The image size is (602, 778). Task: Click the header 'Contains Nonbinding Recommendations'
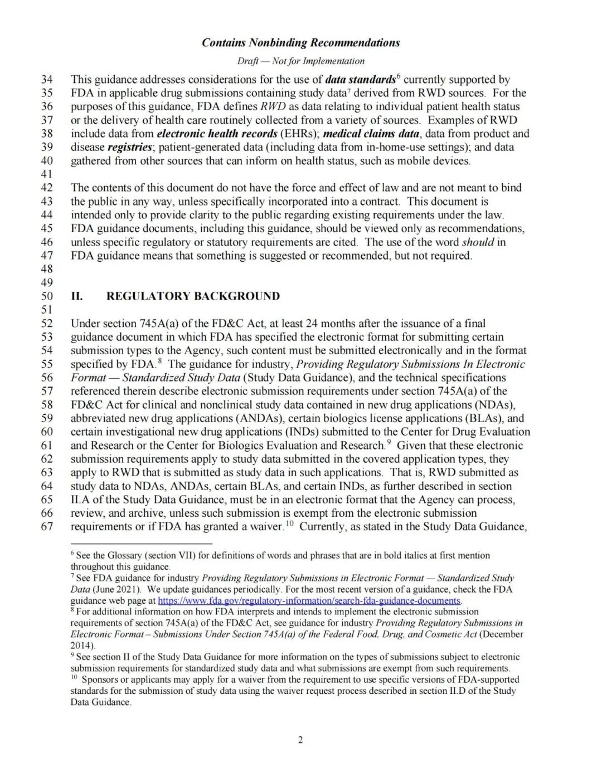coord(300,43)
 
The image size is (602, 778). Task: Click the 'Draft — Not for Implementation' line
coord(300,61)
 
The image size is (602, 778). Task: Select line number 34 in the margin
coord(47,80)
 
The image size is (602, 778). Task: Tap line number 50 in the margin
coord(47,296)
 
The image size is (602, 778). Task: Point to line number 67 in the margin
coord(47,527)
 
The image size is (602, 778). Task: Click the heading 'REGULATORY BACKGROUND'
coord(193,296)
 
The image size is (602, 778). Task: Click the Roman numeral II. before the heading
coord(77,296)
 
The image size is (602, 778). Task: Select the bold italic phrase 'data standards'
coord(360,80)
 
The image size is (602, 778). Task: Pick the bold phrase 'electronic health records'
coord(217,134)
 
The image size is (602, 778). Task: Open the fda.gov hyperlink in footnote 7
coord(309,601)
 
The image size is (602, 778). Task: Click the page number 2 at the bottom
coord(300,740)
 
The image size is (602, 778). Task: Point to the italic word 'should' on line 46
coord(478,242)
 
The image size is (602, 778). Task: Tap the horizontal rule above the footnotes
coord(142,543)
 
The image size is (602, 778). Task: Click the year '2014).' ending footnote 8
coord(82,646)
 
